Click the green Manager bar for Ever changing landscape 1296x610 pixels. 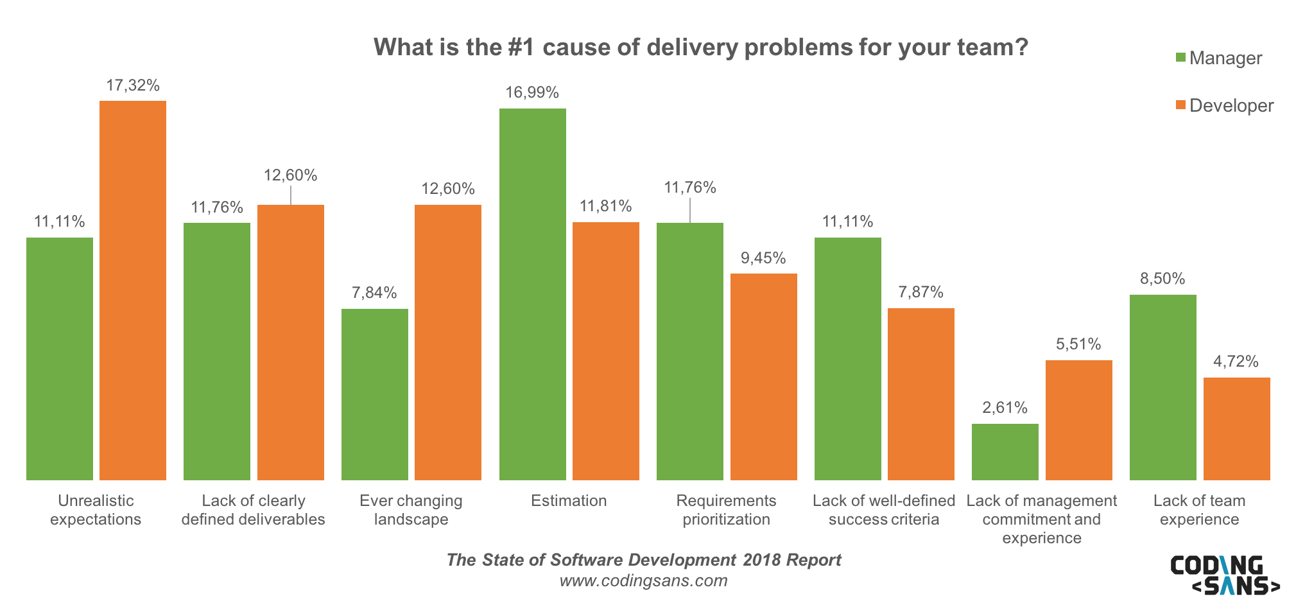375,394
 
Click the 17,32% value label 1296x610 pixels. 133,85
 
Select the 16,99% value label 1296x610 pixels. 532,92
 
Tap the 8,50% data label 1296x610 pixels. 1162,279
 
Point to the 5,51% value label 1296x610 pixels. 1078,344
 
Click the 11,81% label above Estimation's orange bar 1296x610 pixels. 606,206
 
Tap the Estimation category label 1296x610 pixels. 569,501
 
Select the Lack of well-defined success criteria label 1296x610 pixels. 884,510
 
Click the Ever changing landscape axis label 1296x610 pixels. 411,510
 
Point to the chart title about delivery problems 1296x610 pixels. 701,48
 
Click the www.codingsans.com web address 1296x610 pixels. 643,581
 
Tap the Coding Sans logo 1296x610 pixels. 1224,575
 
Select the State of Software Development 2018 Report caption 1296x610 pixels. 643,560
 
